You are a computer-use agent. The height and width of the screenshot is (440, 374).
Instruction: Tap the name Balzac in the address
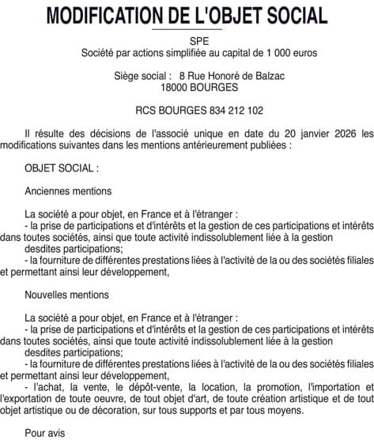click(x=267, y=75)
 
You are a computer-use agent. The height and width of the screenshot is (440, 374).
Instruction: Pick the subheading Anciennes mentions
click(x=68, y=190)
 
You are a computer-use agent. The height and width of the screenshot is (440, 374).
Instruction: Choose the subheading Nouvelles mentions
click(x=66, y=295)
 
